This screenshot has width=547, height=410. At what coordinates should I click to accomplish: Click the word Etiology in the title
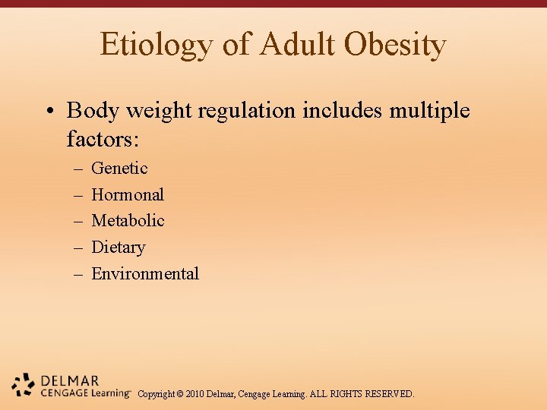pyautogui.click(x=157, y=45)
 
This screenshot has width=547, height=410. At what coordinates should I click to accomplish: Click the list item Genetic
pyautogui.click(x=119, y=169)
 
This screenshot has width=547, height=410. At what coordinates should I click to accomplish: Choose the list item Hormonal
pyautogui.click(x=128, y=194)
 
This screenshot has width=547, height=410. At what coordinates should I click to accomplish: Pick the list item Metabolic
pyautogui.click(x=128, y=221)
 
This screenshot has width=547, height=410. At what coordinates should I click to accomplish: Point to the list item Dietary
pyautogui.click(x=118, y=248)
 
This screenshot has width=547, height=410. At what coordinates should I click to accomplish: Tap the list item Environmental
pyautogui.click(x=145, y=274)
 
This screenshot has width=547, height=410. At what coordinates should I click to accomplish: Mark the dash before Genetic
pyautogui.click(x=78, y=169)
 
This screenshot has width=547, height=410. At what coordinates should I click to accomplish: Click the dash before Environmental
pyautogui.click(x=78, y=274)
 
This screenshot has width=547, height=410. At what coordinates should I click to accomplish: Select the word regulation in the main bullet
pyautogui.click(x=244, y=111)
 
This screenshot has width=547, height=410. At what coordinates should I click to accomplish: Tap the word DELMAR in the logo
pyautogui.click(x=69, y=380)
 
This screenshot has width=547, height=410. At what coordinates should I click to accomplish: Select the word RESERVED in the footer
pyautogui.click(x=389, y=394)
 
